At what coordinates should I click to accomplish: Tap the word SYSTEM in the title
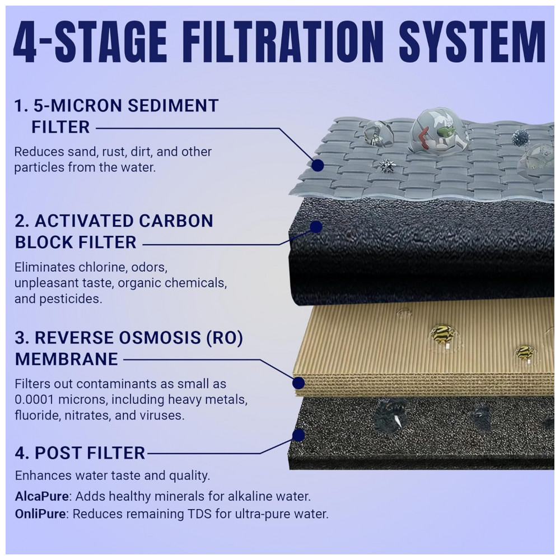click(x=472, y=42)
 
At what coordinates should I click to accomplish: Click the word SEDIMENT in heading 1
click(x=173, y=106)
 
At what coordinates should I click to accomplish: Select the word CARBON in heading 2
click(x=176, y=221)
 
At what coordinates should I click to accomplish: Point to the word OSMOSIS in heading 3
click(x=160, y=338)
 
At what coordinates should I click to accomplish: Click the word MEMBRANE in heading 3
click(x=67, y=359)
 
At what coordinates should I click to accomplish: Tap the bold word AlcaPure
click(x=42, y=496)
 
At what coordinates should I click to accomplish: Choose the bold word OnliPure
click(x=40, y=514)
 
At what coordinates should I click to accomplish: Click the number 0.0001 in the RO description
click(x=34, y=400)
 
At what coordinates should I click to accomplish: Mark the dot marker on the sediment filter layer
click(x=318, y=165)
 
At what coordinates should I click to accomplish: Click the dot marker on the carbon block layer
click(x=316, y=227)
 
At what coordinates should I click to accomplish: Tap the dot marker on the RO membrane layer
click(x=298, y=383)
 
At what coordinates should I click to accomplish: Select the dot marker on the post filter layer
click(x=298, y=435)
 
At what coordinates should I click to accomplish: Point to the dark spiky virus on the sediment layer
click(x=520, y=138)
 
